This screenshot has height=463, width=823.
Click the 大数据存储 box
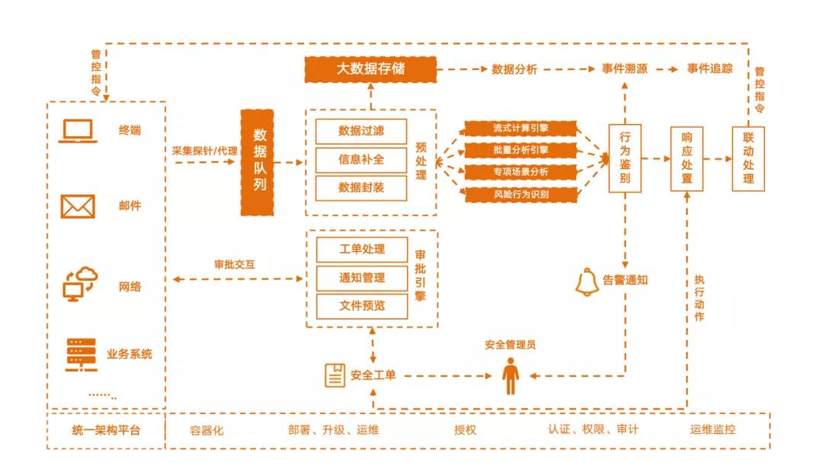(371, 69)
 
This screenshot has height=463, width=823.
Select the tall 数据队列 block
(257, 162)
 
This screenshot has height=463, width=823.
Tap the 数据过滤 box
(361, 131)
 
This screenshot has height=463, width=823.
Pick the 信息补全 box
(361, 159)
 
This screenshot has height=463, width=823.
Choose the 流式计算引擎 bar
(520, 128)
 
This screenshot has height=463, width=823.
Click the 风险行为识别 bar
(520, 194)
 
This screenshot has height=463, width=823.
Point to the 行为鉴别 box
(624, 158)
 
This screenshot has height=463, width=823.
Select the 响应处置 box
(687, 158)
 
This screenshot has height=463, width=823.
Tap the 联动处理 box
(748, 158)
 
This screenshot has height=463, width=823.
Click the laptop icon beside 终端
(78, 131)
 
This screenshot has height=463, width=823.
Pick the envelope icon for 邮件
(78, 206)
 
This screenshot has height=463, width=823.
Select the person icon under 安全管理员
(510, 376)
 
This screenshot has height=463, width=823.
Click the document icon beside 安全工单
(335, 375)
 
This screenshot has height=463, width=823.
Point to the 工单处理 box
(361, 249)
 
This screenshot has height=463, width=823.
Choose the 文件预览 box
(361, 306)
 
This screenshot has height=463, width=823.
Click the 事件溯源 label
(624, 69)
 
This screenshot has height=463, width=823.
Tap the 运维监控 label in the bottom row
(713, 429)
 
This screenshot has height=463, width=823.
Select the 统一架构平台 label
(106, 430)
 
